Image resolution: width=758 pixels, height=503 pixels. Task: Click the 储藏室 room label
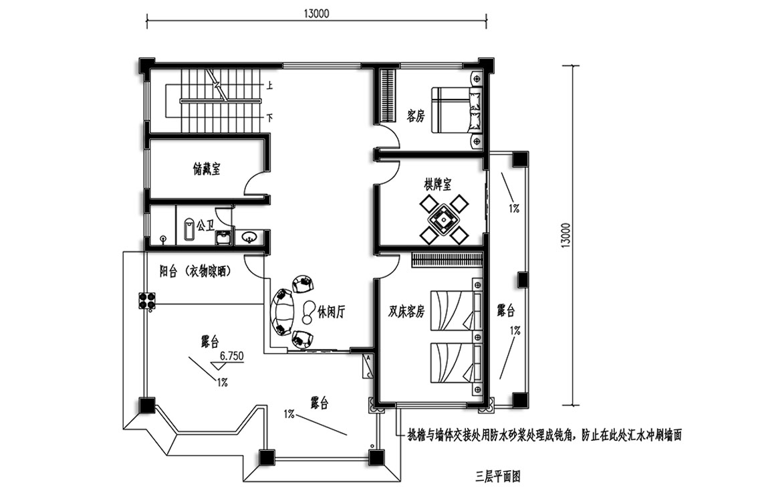(207, 169)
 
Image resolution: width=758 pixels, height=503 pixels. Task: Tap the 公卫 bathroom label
(205, 225)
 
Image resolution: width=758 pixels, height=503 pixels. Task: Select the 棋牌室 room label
(438, 184)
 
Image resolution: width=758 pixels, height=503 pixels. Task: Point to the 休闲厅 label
(331, 312)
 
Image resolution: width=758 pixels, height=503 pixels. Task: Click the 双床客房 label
(406, 312)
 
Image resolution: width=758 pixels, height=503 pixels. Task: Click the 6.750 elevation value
(231, 357)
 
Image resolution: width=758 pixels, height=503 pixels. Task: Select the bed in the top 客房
(457, 110)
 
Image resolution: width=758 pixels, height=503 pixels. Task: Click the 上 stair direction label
(269, 86)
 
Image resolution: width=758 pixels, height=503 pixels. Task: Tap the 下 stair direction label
(269, 118)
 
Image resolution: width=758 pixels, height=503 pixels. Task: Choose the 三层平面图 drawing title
(497, 476)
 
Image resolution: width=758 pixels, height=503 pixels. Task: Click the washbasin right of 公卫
(249, 237)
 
